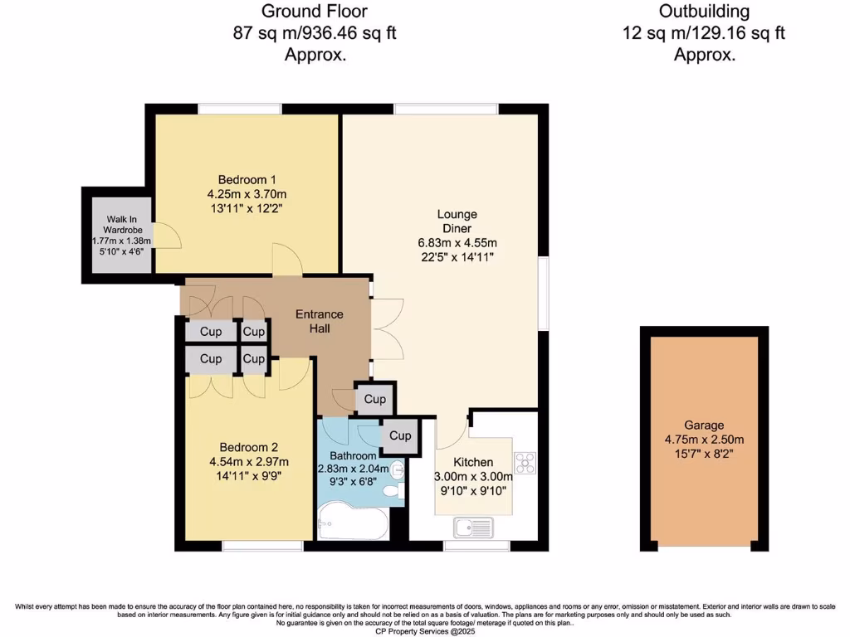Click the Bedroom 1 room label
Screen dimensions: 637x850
tap(247, 180)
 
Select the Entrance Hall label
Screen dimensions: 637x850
tap(320, 321)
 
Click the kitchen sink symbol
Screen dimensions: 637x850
tap(473, 526)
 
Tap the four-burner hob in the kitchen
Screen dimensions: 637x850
tap(526, 461)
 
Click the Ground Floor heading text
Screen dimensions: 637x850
tap(314, 12)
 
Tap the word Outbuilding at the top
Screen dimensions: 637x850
tap(704, 12)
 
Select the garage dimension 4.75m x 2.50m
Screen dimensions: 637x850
tap(704, 440)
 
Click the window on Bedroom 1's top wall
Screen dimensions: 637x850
tap(239, 109)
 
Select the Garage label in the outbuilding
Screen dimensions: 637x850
tap(704, 425)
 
